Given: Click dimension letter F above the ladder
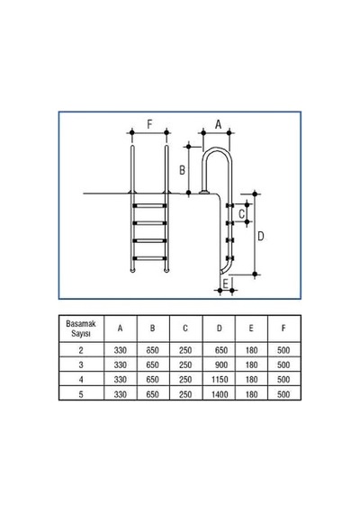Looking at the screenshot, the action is click(149, 124).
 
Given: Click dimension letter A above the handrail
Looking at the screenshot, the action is click(219, 124).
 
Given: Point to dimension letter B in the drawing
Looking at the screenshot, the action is click(182, 170).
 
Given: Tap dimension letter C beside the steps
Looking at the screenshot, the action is click(241, 214).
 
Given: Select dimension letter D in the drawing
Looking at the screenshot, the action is click(260, 236).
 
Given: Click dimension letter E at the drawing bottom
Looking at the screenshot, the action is click(225, 283).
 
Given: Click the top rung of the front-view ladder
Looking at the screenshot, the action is click(149, 206).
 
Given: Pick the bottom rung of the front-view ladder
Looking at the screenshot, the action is click(149, 258).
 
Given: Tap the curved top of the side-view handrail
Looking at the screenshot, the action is click(217, 150).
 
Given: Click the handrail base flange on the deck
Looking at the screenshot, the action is click(204, 192).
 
